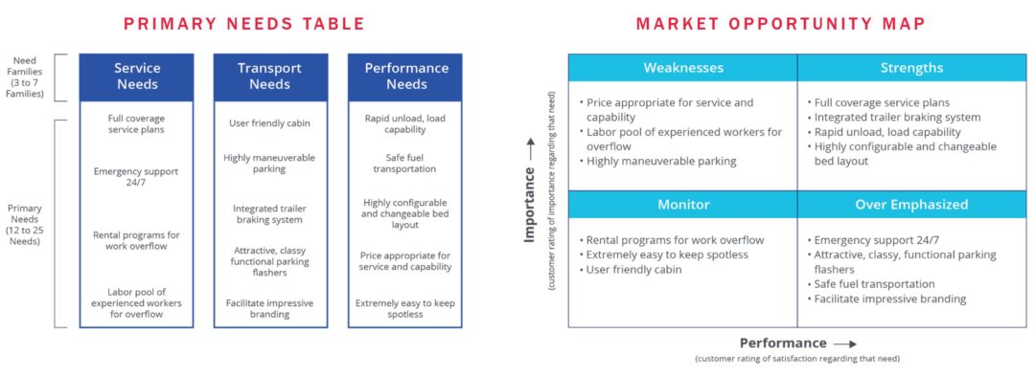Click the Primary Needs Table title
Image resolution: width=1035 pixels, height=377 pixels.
click(x=244, y=24)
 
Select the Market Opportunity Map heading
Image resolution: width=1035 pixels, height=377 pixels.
click(x=781, y=24)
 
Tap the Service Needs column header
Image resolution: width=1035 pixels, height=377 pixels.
click(x=137, y=77)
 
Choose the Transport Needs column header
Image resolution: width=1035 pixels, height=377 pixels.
click(x=270, y=77)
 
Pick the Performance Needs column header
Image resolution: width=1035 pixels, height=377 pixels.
click(x=406, y=77)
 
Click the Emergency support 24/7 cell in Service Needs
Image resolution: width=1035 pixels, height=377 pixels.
click(x=137, y=177)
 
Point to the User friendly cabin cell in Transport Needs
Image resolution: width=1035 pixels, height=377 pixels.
click(x=270, y=123)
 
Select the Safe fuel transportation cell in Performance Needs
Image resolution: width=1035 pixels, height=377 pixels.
click(x=404, y=164)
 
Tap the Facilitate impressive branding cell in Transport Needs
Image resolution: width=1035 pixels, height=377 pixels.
click(x=270, y=308)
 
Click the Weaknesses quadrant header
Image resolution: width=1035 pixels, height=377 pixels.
click(x=683, y=68)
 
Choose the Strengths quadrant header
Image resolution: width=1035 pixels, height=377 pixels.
click(x=911, y=68)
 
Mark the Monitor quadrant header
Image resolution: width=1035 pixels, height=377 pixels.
click(x=683, y=205)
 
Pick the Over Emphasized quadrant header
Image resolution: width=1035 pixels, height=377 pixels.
click(x=911, y=205)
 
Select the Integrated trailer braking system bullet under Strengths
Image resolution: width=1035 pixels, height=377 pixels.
click(x=894, y=118)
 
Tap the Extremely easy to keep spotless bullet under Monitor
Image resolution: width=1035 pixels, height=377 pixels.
click(x=663, y=255)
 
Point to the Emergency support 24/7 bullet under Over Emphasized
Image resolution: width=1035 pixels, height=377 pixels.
click(x=870, y=240)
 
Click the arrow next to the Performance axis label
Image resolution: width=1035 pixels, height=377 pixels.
click(x=845, y=344)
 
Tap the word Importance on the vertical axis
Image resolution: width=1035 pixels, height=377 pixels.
click(x=529, y=204)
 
